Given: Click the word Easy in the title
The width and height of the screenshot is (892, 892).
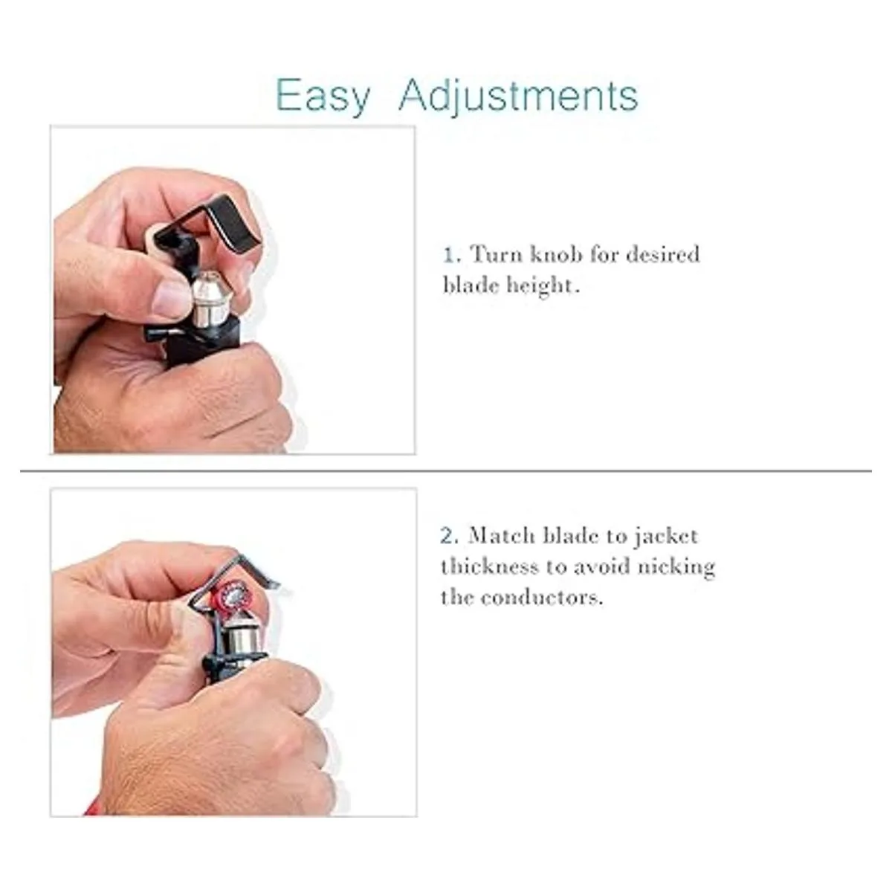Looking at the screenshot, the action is [x=323, y=96].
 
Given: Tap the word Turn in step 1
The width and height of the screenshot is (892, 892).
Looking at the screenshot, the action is [x=497, y=255].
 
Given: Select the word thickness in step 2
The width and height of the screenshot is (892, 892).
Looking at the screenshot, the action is [x=490, y=567].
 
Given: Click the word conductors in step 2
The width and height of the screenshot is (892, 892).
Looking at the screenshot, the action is [x=542, y=598].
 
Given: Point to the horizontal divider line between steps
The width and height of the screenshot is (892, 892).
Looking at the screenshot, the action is [x=446, y=471].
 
